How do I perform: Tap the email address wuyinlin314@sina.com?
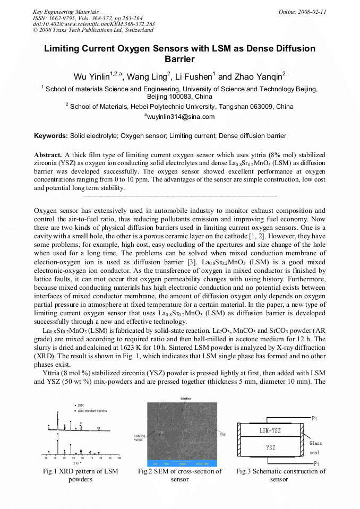click(181, 117)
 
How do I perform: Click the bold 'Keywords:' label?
click(50, 136)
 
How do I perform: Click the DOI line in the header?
click(93, 24)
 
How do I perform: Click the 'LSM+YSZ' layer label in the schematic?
click(270, 430)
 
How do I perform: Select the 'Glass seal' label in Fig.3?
click(315, 448)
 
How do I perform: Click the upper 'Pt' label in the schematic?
click(315, 419)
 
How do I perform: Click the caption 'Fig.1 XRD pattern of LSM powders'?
click(80, 475)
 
